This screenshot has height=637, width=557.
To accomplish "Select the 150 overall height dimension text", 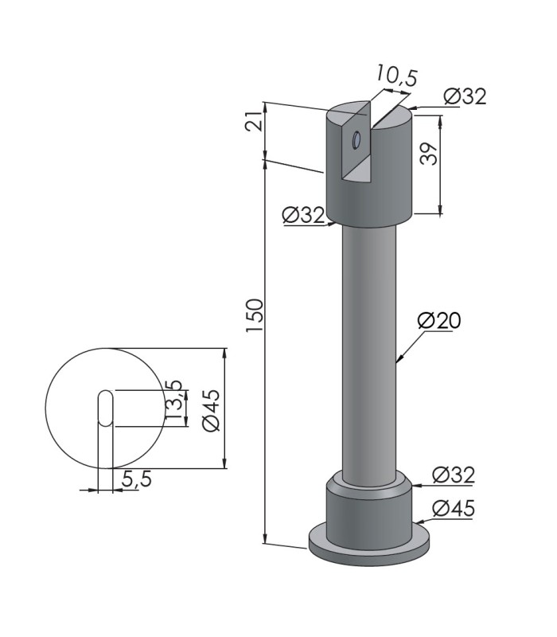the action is click(255, 315).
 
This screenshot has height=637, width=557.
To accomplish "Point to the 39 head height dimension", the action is click(429, 153).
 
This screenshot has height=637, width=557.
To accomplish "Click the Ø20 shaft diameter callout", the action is click(439, 321).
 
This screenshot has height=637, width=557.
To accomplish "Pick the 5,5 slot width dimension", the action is click(136, 479).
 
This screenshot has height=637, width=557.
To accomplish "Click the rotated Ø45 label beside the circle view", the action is click(212, 410).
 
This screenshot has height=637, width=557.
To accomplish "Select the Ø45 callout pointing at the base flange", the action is click(454, 508).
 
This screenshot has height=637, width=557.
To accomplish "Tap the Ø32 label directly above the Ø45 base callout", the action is click(454, 475).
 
